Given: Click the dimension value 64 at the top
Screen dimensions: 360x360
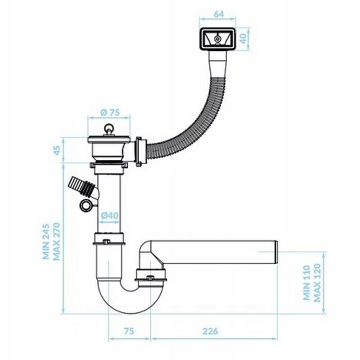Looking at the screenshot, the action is tap(219, 14).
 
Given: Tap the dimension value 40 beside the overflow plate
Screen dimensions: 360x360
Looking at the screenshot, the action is tap(243, 39).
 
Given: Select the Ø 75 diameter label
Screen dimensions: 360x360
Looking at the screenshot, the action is tap(110, 112).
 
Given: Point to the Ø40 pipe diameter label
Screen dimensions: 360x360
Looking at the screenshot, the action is tap(110, 216).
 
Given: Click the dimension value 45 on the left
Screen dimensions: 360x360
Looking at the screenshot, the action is tap(57, 150).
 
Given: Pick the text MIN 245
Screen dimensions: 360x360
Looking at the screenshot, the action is tap(46, 241).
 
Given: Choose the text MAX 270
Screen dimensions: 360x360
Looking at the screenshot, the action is tap(57, 241).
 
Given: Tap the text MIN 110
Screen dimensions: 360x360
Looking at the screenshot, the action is tap(306, 283).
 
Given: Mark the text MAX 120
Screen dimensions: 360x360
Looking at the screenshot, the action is tap(317, 283).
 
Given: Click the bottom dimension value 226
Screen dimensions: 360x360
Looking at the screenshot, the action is tap(210, 331).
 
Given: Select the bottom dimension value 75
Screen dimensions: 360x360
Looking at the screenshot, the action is tap(129, 331).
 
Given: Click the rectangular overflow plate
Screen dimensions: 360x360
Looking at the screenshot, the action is tap(218, 39).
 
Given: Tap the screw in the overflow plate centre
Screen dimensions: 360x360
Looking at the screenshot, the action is tap(217, 39).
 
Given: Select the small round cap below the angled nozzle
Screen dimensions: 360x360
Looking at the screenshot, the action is tap(86, 205).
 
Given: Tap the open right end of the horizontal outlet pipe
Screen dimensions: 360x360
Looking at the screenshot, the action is tap(277, 252).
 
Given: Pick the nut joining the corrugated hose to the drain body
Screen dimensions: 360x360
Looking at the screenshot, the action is tap(140, 152).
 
